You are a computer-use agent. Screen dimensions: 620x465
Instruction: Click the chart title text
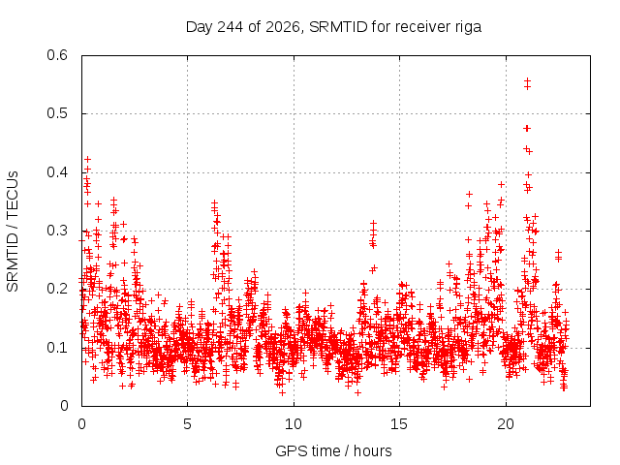pyautogui.click(x=333, y=27)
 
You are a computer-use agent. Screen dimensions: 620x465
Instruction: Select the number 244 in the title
pyautogui.click(x=232, y=27)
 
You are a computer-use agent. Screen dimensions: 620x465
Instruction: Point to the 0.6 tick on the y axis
pyautogui.click(x=57, y=55)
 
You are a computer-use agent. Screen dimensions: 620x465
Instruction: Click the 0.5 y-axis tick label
pyautogui.click(x=57, y=113)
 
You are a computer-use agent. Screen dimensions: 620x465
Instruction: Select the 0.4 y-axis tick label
pyautogui.click(x=57, y=172)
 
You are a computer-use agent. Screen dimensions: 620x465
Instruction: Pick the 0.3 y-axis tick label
pyautogui.click(x=57, y=231)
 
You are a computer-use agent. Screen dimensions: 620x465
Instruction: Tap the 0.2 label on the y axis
pyautogui.click(x=57, y=289)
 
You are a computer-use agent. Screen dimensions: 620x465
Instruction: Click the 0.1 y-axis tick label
pyautogui.click(x=57, y=348)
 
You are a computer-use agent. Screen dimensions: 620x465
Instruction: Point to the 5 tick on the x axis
pyautogui.click(x=187, y=424)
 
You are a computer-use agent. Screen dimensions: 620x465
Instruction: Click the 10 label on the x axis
pyautogui.click(x=294, y=424)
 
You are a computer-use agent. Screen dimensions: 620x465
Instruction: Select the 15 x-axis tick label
pyautogui.click(x=399, y=424)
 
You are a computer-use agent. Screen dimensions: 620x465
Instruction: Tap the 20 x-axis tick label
pyautogui.click(x=506, y=424)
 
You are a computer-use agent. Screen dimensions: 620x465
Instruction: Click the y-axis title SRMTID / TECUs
pyautogui.click(x=13, y=232)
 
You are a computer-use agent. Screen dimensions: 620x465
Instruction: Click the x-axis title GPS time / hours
pyautogui.click(x=333, y=451)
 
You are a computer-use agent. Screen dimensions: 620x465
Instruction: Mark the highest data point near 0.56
pyautogui.click(x=527, y=80)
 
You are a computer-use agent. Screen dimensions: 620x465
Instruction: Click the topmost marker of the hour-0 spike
pyautogui.click(x=88, y=159)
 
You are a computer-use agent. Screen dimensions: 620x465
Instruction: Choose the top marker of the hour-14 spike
pyautogui.click(x=373, y=224)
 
